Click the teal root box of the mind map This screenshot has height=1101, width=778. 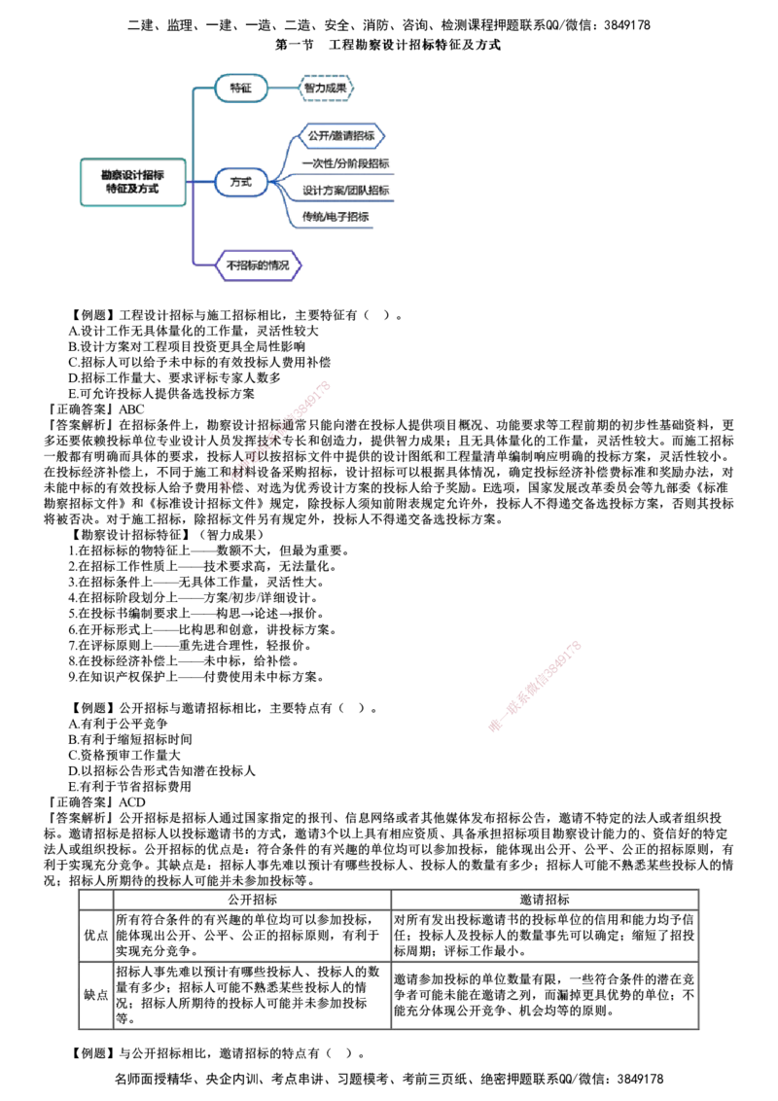tap(132, 182)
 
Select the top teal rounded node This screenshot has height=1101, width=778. tap(239, 89)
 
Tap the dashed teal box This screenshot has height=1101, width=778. tap(325, 89)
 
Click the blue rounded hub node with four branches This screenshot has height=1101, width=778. tap(239, 182)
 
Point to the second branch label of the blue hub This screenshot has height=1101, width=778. tap(345, 163)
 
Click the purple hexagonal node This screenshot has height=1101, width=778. tap(259, 265)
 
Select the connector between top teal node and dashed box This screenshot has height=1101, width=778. tap(282, 89)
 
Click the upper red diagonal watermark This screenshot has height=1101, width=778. tap(277, 438)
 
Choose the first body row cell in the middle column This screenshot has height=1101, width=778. tap(253, 936)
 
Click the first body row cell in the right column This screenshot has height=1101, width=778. tap(545, 936)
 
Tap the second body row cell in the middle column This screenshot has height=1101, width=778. tap(253, 994)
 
